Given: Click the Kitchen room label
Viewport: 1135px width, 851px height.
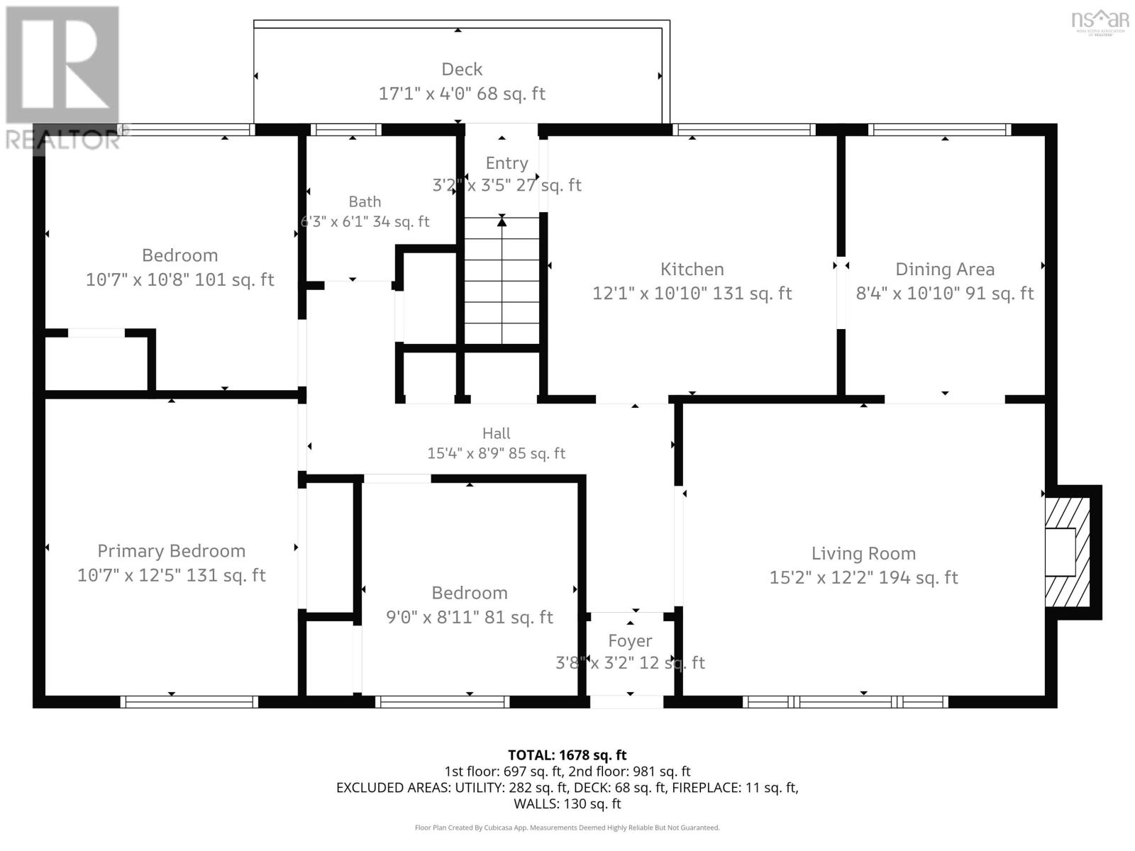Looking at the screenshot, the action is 692,269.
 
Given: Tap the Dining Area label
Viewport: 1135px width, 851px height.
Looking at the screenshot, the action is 945,269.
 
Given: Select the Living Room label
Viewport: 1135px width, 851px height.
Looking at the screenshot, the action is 863,553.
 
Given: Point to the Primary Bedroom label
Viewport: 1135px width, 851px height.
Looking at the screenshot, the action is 171,551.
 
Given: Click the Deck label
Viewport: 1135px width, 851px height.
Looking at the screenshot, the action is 462,69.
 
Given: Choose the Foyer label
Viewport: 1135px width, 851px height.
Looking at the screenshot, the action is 630,640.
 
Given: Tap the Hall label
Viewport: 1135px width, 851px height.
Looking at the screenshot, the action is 497,433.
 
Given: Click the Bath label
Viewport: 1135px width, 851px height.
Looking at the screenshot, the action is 365,201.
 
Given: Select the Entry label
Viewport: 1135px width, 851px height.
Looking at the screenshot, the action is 506,163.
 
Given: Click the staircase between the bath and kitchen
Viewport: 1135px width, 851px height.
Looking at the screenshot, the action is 502,281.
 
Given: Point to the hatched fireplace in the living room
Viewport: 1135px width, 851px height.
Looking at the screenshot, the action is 1068,552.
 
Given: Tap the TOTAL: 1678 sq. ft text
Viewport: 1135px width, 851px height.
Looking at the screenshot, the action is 567,755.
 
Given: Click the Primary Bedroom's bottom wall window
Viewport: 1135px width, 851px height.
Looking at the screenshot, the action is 189,701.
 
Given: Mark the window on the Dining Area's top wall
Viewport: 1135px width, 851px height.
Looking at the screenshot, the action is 939,129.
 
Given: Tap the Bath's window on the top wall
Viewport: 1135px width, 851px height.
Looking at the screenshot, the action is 345,129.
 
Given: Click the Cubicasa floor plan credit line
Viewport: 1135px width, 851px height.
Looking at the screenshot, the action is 567,827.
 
